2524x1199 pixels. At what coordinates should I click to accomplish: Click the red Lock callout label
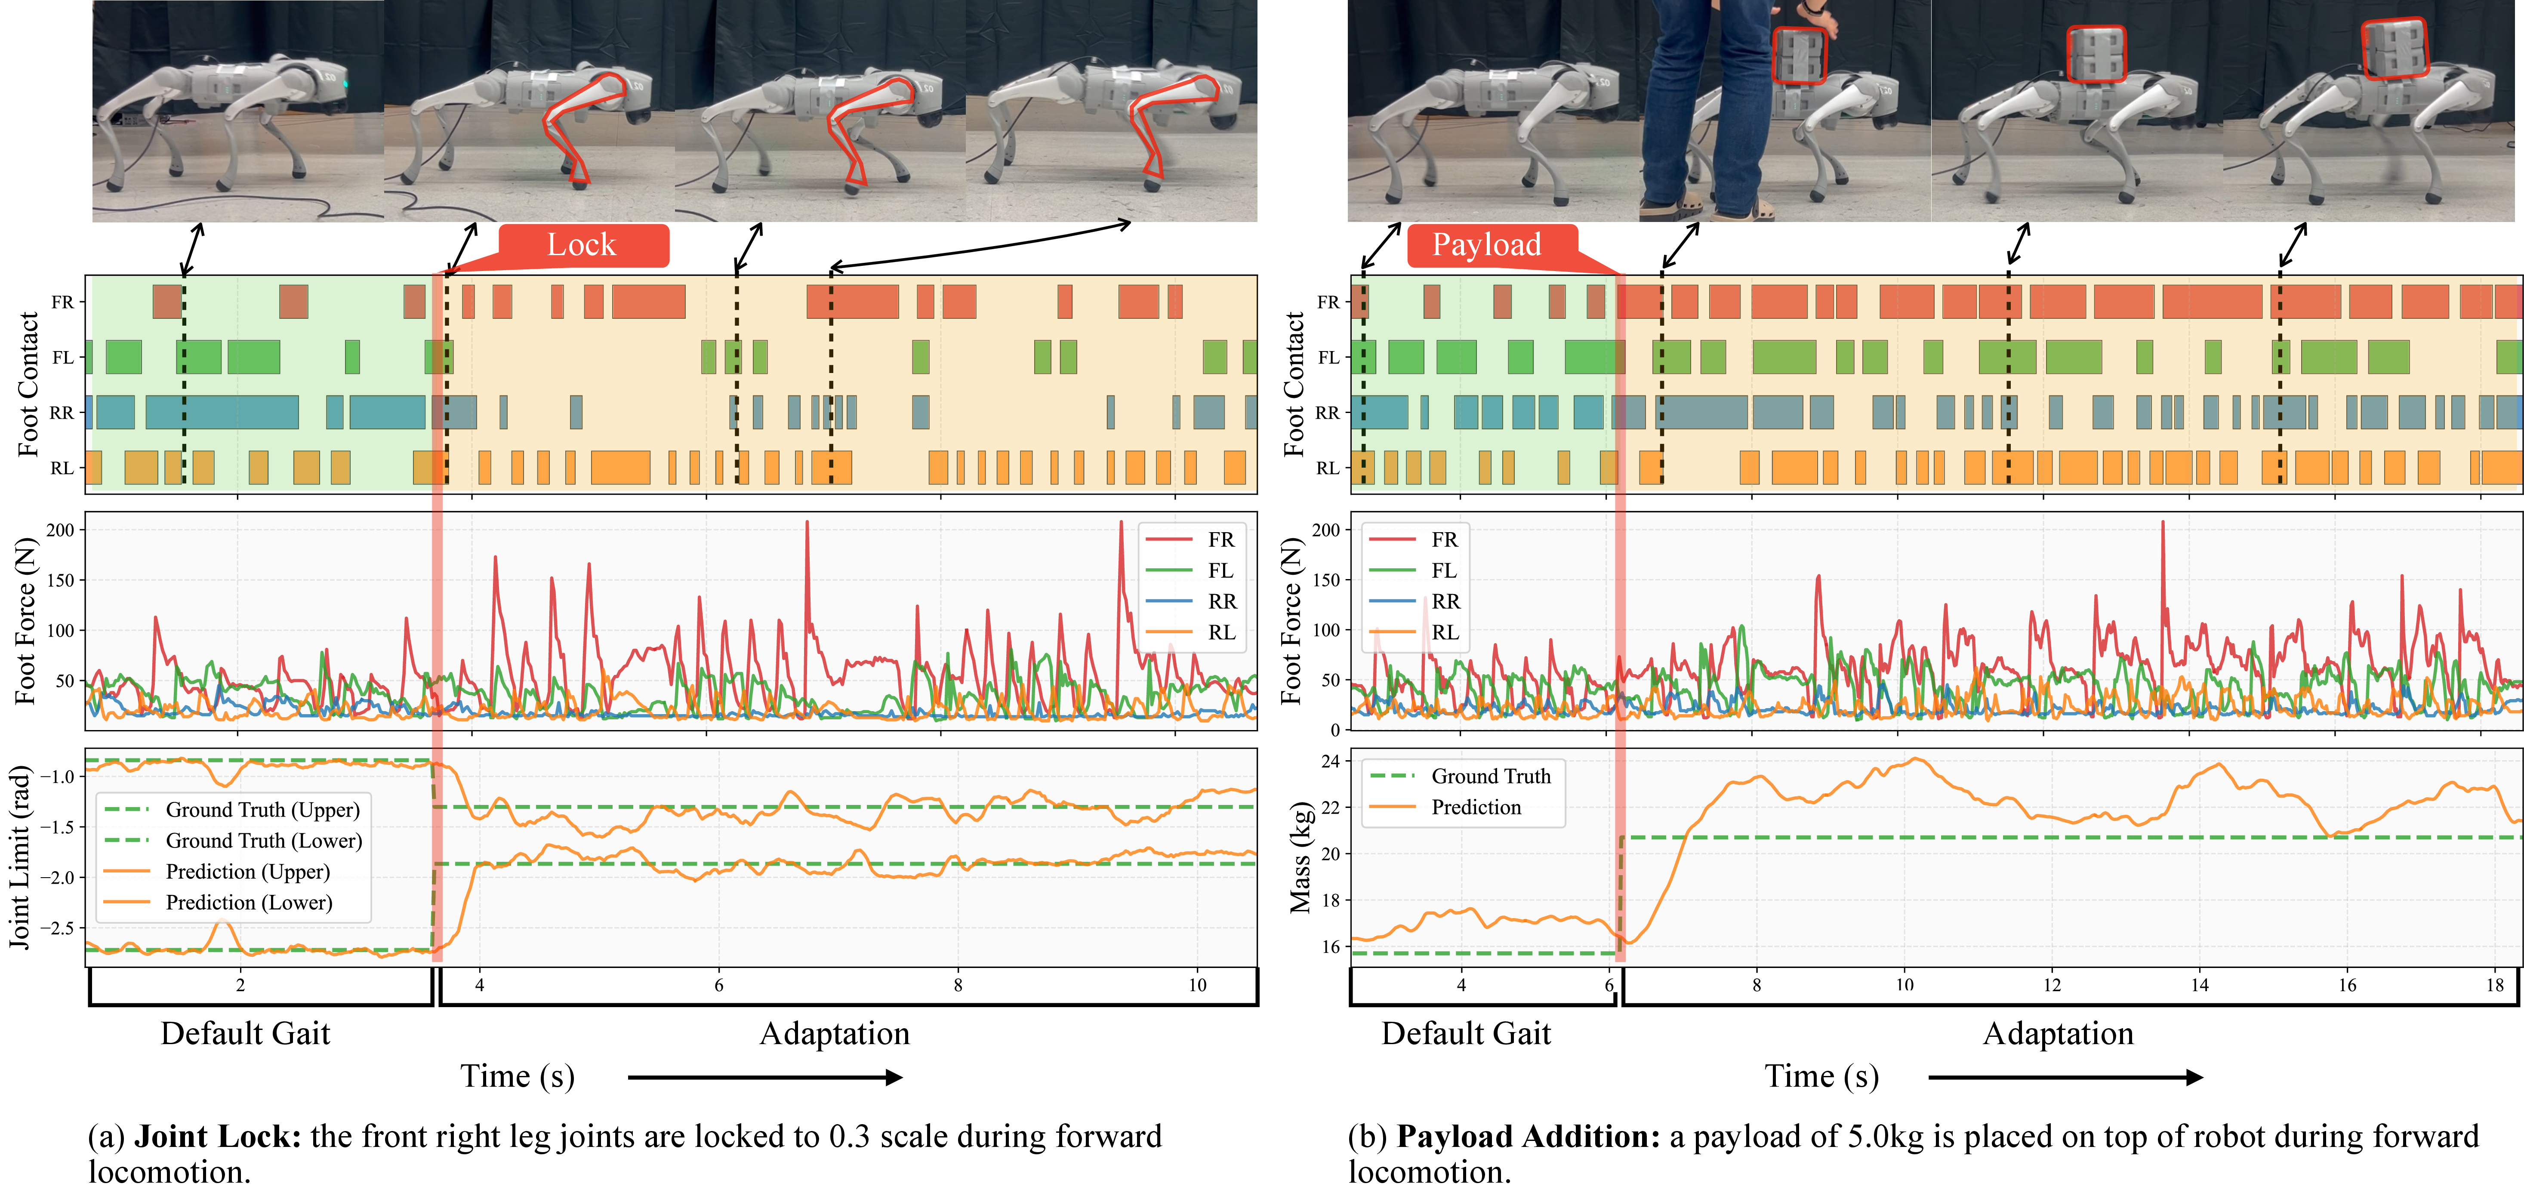[x=582, y=245]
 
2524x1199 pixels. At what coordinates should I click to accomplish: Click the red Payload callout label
[x=1486, y=245]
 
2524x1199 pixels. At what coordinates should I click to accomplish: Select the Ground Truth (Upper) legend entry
[x=262, y=810]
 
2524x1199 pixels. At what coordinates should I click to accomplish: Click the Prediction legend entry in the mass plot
[x=1476, y=807]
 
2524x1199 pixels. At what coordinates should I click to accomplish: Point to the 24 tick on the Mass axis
[x=1330, y=761]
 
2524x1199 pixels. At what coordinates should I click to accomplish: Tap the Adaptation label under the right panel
[x=2058, y=1033]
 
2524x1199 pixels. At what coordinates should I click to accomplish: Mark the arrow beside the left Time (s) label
[x=764, y=1078]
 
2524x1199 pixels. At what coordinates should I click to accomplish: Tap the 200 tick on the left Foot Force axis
[x=61, y=530]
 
